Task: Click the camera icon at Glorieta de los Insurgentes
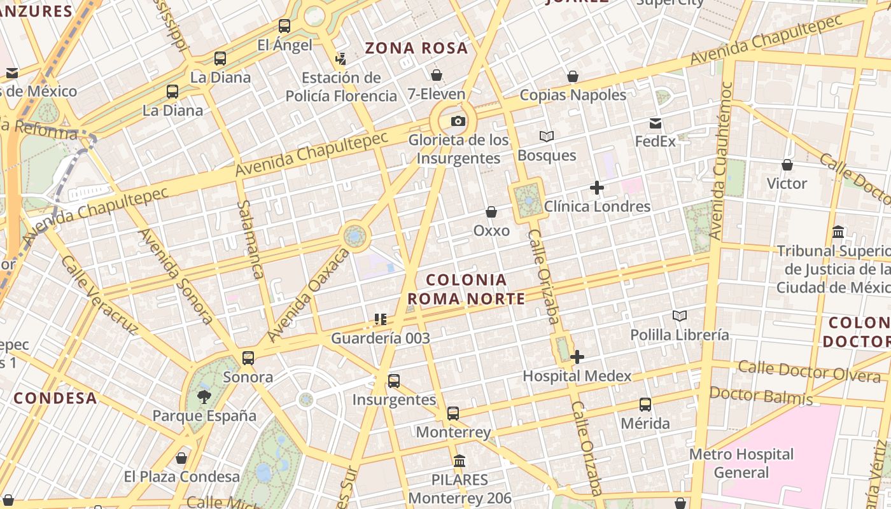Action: click(458, 122)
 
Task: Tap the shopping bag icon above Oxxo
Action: click(491, 212)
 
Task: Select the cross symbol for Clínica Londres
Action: click(597, 188)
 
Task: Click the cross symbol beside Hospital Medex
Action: click(577, 358)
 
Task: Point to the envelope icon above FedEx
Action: click(656, 123)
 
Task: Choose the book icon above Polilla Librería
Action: click(680, 316)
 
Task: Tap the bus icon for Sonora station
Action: click(248, 358)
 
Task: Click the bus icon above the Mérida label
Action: click(645, 405)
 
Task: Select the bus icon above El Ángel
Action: click(284, 26)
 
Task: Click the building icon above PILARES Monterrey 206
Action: click(460, 461)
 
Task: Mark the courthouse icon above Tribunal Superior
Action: click(838, 232)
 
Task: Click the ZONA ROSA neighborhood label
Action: click(416, 48)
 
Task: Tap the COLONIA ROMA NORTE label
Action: click(467, 289)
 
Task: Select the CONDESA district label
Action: click(55, 399)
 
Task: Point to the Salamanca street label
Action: click(250, 239)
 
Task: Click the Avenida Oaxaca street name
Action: click(309, 295)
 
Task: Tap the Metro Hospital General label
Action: click(741, 463)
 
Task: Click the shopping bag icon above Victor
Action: click(787, 165)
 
